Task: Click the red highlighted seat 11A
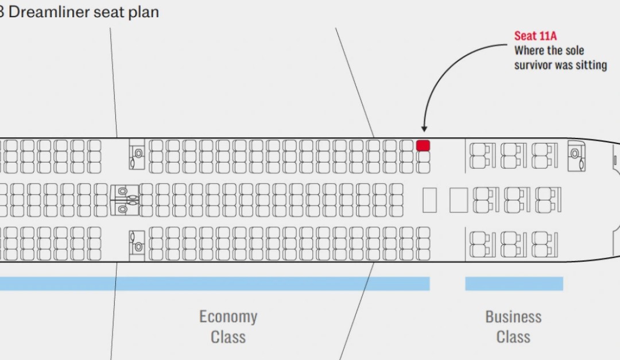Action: (x=423, y=146)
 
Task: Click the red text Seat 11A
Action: (x=536, y=36)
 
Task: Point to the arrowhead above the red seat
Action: (x=424, y=129)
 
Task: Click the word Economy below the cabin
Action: (x=228, y=317)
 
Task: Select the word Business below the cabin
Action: (x=513, y=317)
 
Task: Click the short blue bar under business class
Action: (x=514, y=284)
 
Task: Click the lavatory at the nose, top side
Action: (x=576, y=156)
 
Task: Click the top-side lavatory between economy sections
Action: (x=137, y=154)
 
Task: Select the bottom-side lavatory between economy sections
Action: (x=137, y=246)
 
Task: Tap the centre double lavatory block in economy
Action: (x=125, y=200)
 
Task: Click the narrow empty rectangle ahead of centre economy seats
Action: (x=430, y=200)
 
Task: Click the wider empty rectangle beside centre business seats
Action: (x=459, y=200)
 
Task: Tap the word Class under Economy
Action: (x=228, y=337)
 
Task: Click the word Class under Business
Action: (x=513, y=337)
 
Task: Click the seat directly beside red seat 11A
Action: (x=423, y=157)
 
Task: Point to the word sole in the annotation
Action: (x=575, y=51)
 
